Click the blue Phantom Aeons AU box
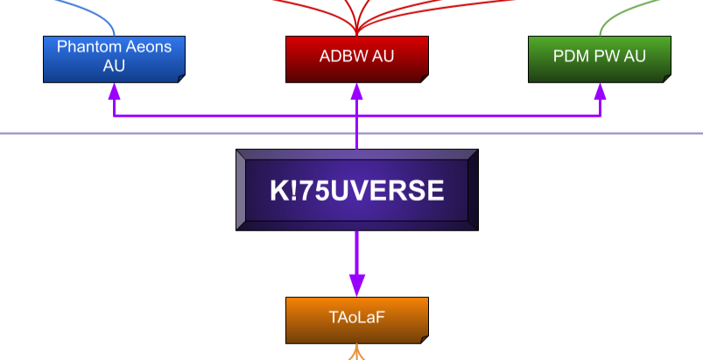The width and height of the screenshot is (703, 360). [114, 60]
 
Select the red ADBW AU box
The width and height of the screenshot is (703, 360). [356, 60]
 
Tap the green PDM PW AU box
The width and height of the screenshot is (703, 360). [599, 60]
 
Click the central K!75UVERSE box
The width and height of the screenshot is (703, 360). [356, 190]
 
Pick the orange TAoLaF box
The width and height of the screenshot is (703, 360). [356, 320]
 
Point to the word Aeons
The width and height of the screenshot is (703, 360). [145, 46]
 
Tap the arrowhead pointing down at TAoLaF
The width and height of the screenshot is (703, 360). [356, 285]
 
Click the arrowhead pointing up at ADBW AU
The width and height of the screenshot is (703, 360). [356, 91]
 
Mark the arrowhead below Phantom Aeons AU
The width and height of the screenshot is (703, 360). [114, 91]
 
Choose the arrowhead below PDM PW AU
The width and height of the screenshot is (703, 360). [600, 91]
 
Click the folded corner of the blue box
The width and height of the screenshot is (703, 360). [180, 77]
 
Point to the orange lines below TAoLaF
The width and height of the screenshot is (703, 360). [356, 353]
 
